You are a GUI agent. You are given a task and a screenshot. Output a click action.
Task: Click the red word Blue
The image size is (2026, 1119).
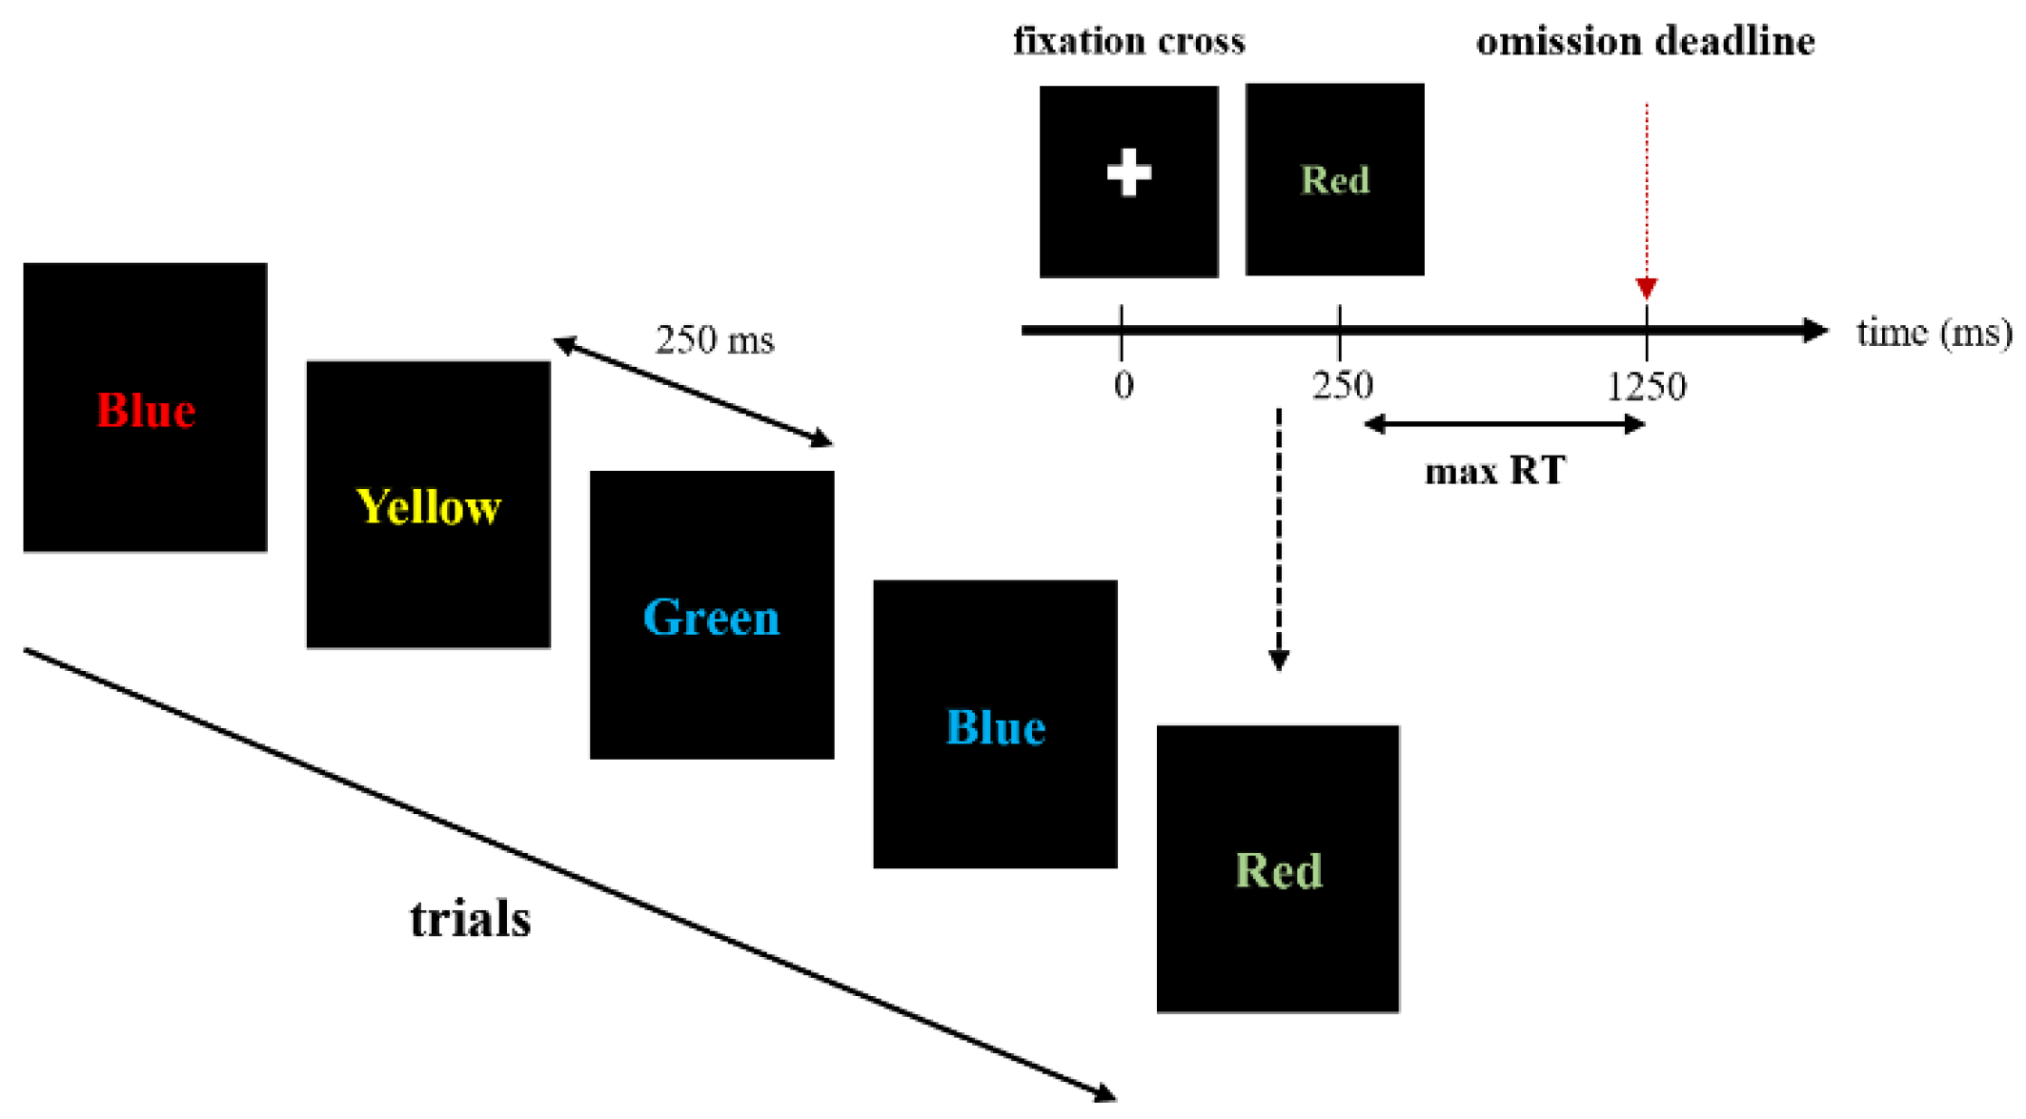[x=146, y=411]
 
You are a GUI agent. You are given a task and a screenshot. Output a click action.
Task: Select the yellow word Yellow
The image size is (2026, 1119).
[x=428, y=507]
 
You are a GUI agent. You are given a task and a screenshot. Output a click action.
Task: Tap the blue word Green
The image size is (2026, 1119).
[x=712, y=618]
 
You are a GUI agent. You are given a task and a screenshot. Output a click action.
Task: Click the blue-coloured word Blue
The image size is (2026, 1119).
[x=995, y=727]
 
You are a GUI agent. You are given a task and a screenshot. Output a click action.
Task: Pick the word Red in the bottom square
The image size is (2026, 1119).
[x=1279, y=870]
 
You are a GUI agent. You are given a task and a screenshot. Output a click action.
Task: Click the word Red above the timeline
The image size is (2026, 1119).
[x=1335, y=180]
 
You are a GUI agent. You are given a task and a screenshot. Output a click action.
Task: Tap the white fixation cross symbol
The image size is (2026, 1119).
[x=1128, y=173]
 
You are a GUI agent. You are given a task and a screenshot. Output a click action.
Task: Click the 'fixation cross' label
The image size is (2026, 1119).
[x=1128, y=41]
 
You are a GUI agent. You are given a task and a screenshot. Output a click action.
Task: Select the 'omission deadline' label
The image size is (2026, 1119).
[x=1645, y=41]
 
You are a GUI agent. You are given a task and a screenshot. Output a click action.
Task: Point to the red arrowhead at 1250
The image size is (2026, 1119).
[x=1646, y=287]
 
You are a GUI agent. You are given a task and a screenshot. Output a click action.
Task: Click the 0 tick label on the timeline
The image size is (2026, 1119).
[x=1124, y=386]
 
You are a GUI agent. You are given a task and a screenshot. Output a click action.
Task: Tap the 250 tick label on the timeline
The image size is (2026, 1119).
[x=1342, y=386]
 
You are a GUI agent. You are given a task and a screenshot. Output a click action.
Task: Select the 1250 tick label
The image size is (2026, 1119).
[x=1646, y=386]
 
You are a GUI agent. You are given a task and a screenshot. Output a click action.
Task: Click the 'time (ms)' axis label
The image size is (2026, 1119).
[x=1935, y=332]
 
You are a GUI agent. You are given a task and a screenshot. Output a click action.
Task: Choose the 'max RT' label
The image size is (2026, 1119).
[x=1494, y=471]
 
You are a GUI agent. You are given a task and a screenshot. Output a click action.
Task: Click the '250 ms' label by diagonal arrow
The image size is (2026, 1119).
[x=715, y=340]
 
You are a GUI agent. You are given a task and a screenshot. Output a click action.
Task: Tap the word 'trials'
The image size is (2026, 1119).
[x=471, y=919]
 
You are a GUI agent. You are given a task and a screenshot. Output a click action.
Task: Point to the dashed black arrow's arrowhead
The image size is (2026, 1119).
[x=1279, y=660]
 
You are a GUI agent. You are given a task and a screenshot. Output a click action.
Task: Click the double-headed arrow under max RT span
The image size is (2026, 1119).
[x=1504, y=425]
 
